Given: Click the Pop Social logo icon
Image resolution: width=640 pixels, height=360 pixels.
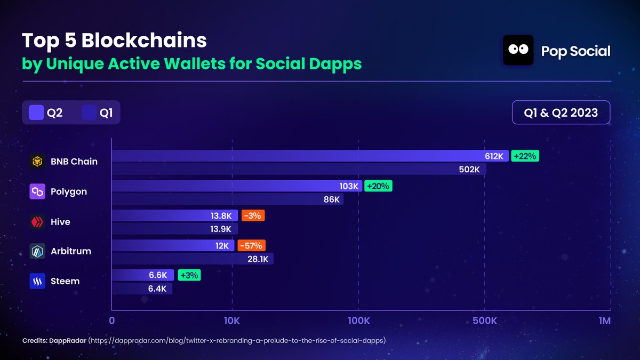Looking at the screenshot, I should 518,50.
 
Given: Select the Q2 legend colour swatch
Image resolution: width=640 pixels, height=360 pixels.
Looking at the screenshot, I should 36,113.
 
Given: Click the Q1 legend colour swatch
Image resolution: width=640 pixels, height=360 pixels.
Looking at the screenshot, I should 89,113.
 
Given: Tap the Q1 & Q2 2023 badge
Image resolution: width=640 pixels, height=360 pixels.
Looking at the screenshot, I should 561,113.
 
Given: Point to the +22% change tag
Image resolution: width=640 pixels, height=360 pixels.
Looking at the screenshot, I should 525,156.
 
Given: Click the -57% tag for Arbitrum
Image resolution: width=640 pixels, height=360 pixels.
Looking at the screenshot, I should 251,246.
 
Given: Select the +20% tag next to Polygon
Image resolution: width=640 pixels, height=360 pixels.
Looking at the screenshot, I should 378,186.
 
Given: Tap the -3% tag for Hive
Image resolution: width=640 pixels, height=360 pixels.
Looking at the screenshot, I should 253,216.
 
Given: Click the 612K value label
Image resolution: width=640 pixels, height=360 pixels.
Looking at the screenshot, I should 494,156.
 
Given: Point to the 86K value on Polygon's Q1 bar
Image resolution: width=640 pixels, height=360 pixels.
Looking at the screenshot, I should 331,199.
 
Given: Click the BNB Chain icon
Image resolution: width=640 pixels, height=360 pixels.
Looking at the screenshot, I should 37,162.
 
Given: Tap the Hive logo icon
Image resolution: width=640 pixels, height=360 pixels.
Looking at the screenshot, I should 37,222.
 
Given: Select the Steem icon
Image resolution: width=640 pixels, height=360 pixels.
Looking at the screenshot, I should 37,282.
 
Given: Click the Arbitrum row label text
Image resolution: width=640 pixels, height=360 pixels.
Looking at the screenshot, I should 70,251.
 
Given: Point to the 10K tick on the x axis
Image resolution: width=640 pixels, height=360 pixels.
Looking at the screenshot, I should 232,321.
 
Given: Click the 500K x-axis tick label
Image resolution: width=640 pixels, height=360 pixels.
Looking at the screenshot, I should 484,321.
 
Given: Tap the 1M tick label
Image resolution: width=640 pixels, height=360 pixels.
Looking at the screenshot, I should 604,321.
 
